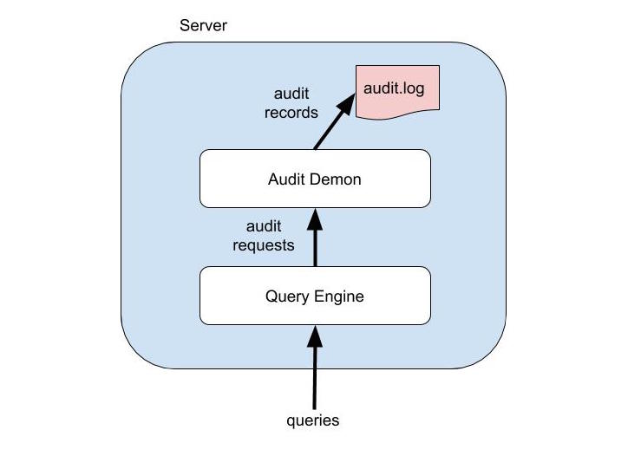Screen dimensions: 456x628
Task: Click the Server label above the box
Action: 203,25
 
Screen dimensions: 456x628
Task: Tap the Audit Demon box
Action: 315,179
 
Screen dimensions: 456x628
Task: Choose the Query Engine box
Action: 315,296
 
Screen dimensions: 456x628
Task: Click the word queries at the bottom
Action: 313,421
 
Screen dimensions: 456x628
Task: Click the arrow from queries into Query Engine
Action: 315,368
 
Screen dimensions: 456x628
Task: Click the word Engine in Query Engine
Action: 340,296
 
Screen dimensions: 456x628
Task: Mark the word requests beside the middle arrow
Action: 264,245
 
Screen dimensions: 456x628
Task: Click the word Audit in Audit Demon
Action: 288,180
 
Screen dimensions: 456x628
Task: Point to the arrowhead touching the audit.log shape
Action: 347,101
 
